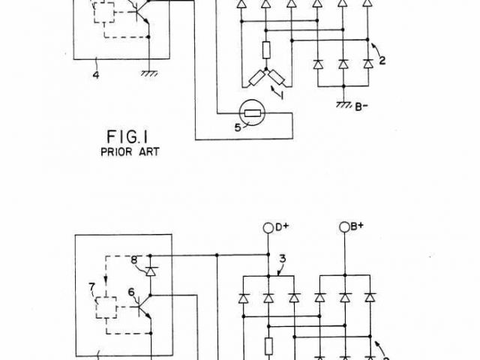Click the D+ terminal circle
tap(268, 226)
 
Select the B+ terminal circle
tap(344, 226)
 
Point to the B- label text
tap(362, 106)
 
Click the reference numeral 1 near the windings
tap(282, 94)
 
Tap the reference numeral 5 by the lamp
tap(238, 128)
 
